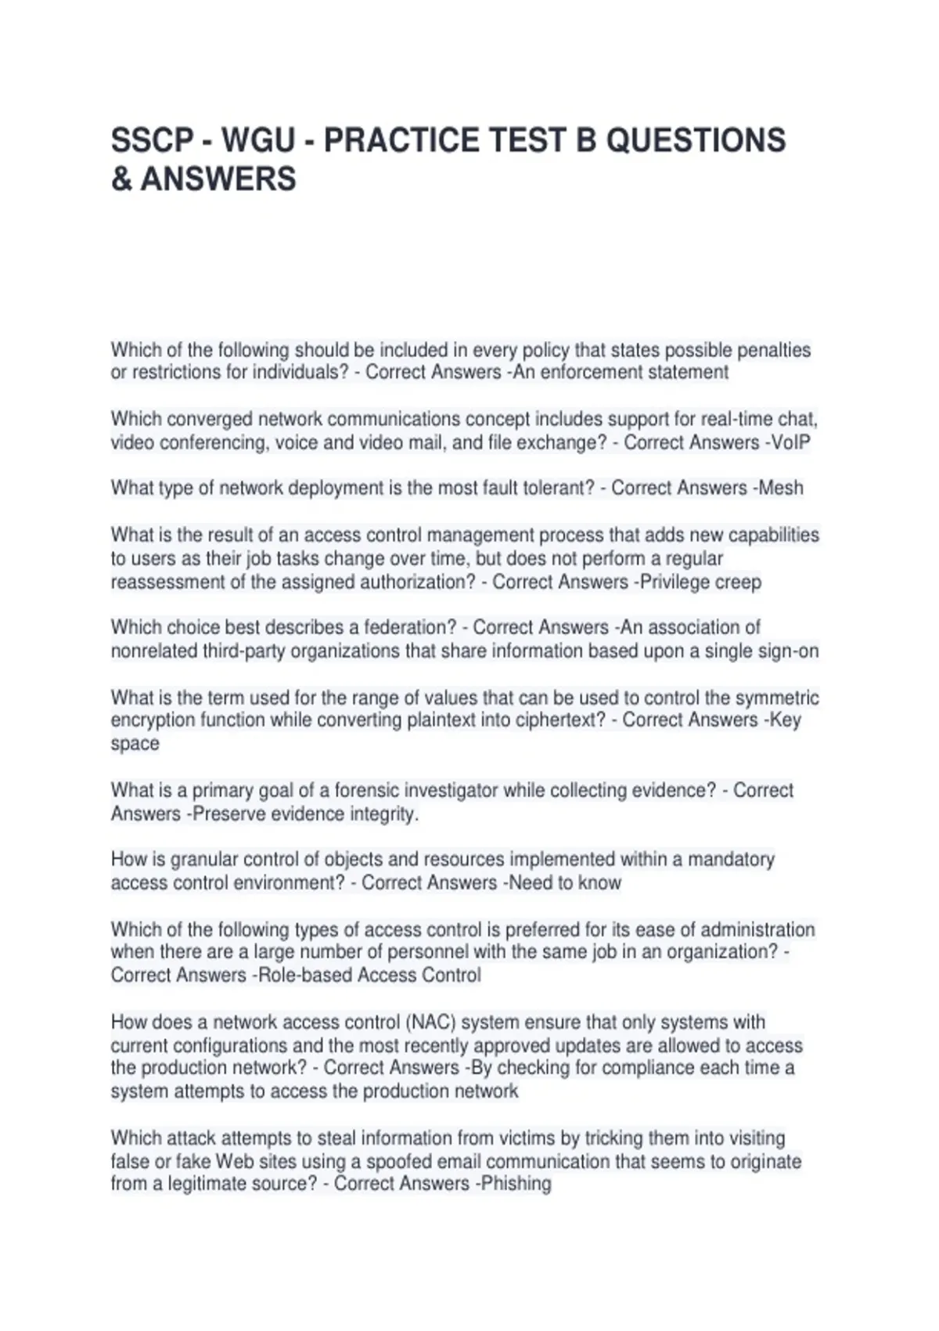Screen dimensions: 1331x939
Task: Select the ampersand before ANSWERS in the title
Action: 121,179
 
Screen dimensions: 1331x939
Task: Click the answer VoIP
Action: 791,442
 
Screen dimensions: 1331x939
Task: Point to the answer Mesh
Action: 781,488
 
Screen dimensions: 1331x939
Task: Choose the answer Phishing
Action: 516,1183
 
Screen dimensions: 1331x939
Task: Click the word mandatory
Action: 731,859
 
